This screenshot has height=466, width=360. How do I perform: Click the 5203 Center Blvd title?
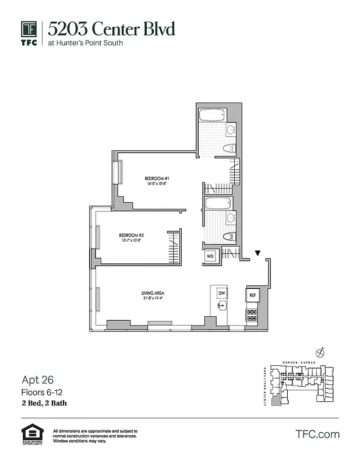111,29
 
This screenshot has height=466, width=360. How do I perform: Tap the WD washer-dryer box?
210,256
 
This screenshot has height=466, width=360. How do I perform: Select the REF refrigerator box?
252,295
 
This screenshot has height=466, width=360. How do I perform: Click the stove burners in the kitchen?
252,315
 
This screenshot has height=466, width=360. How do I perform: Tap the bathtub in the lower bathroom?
218,203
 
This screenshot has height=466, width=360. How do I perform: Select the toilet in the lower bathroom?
228,236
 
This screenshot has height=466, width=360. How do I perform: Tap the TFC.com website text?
317,434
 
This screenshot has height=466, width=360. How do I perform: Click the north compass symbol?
319,352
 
